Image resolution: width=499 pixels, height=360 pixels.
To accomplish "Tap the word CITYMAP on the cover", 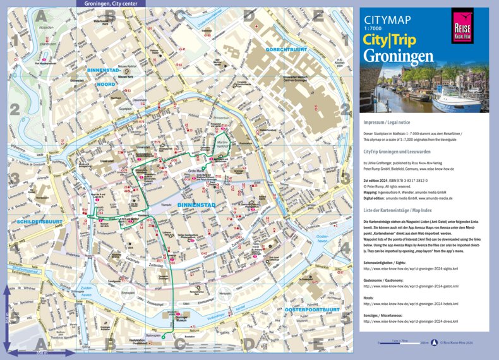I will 383,21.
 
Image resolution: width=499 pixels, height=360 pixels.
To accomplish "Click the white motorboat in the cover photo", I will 458,99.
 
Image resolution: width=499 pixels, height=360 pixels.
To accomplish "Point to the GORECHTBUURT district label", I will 286,49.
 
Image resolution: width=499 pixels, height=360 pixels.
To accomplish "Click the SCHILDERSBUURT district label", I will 35,223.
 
